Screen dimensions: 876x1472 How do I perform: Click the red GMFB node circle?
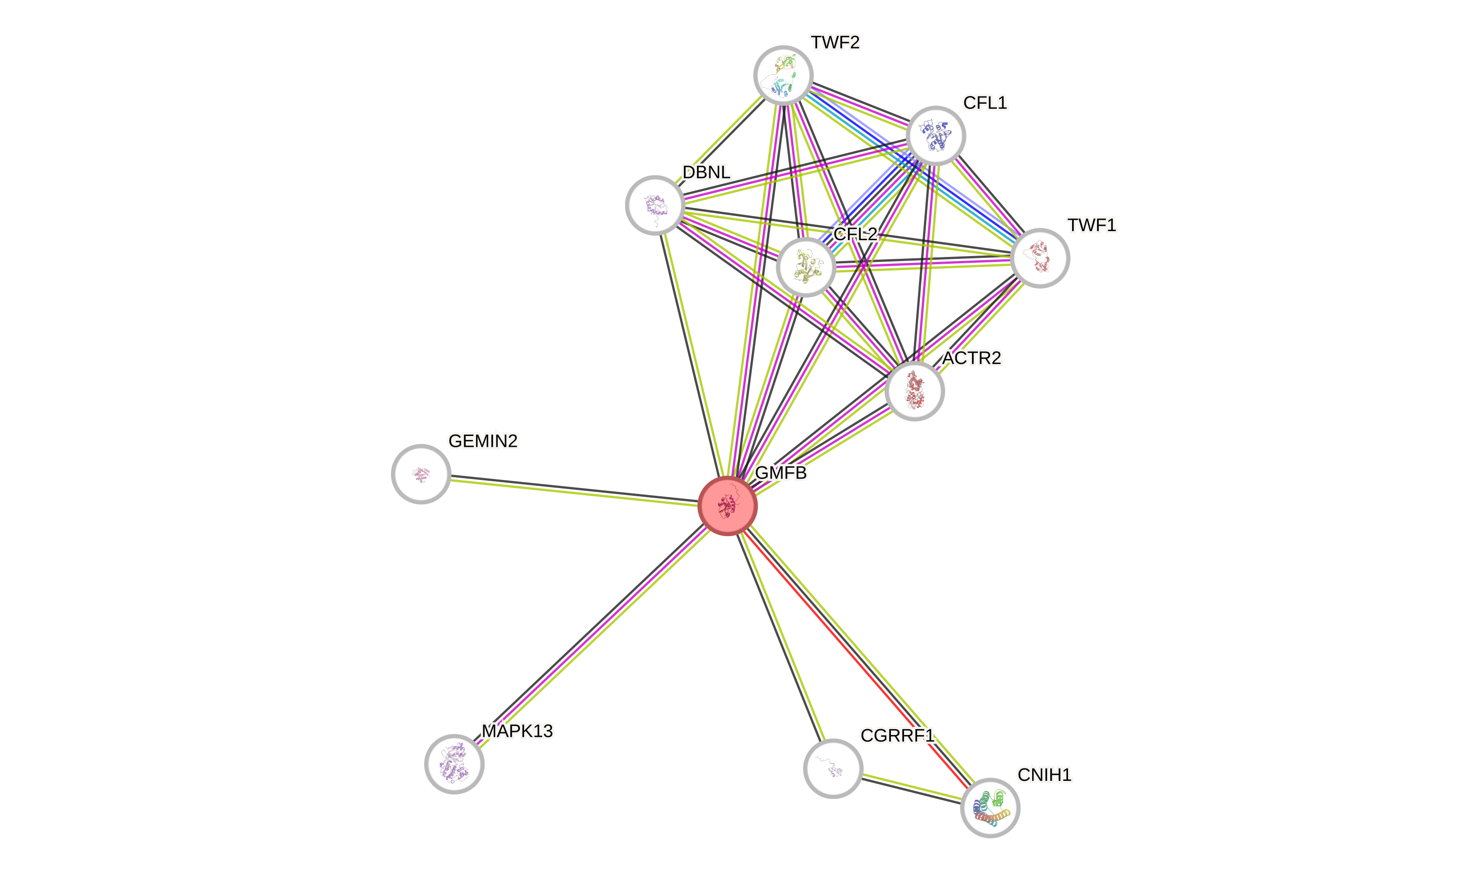point(727,506)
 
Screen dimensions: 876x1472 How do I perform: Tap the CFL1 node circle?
point(935,136)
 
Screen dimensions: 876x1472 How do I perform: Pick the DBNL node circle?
point(654,205)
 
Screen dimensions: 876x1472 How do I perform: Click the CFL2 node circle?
point(806,267)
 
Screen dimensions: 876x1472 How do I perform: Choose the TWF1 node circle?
point(1039,258)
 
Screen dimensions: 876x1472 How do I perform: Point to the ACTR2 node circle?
point(914,391)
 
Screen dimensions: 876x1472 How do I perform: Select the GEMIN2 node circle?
point(421,474)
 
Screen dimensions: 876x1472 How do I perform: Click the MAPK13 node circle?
point(454,764)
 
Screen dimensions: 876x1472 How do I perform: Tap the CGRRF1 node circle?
point(832,768)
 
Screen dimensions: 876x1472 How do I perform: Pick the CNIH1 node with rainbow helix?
point(990,808)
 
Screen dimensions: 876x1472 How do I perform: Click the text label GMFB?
point(780,473)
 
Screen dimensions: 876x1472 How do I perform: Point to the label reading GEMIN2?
point(483,441)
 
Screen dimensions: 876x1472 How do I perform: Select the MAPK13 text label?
point(517,731)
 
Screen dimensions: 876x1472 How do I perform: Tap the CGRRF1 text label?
point(897,736)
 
